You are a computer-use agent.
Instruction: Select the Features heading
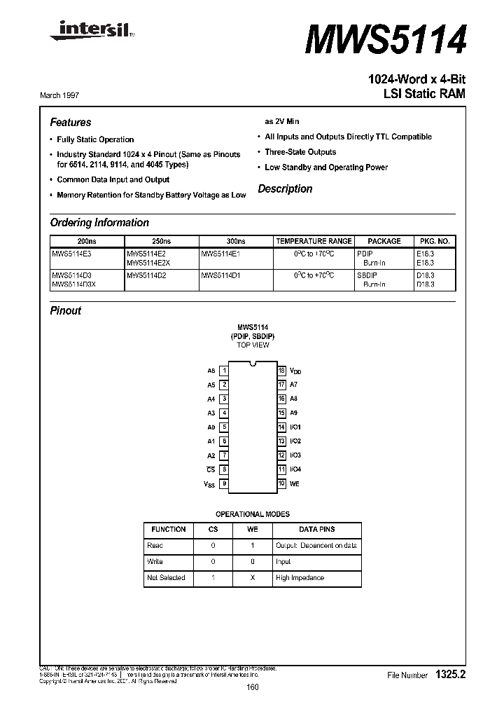point(71,122)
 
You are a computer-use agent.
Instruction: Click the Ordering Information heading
point(99,223)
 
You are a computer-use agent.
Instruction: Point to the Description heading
point(285,189)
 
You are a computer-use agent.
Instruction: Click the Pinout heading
point(66,310)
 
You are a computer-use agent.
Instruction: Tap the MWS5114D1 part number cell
point(220,276)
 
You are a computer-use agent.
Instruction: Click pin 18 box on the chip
point(281,371)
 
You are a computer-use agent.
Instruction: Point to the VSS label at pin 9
point(209,483)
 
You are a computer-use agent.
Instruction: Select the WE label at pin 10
point(295,483)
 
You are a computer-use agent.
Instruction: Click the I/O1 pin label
point(295,427)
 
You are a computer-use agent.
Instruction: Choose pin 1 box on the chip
point(224,371)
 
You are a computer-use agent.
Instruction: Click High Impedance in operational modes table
point(300,577)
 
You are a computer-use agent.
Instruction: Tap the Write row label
point(155,561)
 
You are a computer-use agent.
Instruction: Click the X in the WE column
point(253,577)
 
